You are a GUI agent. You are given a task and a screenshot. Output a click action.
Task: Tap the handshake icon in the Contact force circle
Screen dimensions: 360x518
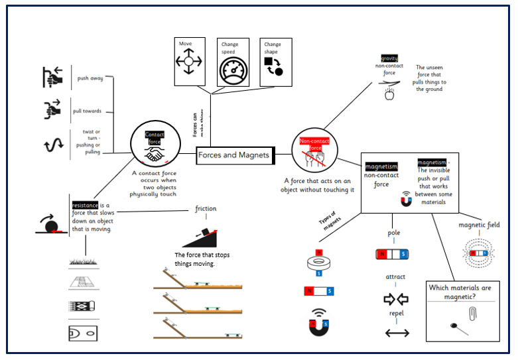tap(155, 154)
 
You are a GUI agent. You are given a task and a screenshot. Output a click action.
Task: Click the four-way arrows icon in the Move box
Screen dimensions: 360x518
tap(189, 64)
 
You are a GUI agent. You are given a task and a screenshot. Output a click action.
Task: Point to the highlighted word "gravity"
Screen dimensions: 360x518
tap(389, 58)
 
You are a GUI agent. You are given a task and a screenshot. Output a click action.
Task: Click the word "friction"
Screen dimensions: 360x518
tap(206, 209)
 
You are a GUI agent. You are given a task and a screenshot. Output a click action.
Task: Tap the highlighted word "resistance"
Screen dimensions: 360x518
tap(86, 205)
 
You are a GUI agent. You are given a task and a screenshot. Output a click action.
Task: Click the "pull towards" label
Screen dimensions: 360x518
tap(88, 111)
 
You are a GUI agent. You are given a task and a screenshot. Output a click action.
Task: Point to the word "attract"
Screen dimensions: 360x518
tap(395, 276)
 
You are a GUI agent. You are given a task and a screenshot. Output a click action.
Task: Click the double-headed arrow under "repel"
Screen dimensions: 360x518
tap(397, 332)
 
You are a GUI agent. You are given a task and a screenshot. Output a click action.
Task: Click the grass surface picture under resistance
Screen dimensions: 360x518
tap(84, 261)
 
